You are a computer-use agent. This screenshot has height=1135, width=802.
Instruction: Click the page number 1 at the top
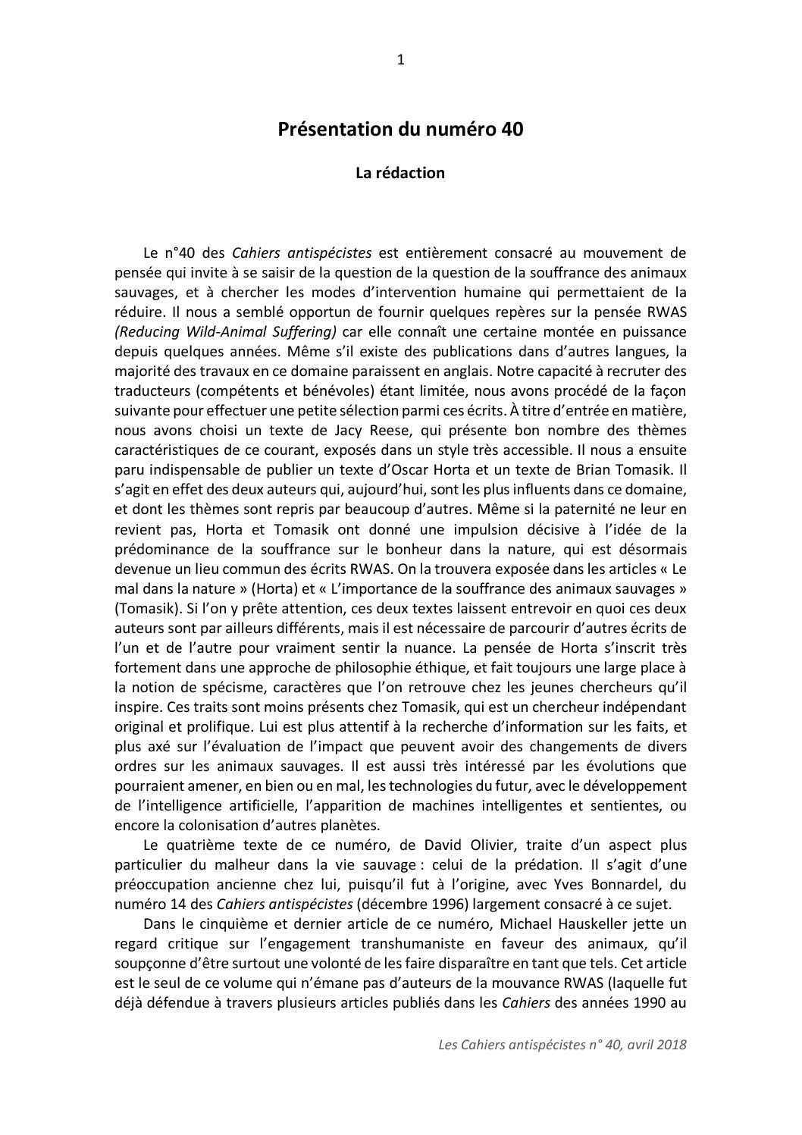point(401,61)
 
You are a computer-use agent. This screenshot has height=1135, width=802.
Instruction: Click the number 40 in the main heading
point(511,130)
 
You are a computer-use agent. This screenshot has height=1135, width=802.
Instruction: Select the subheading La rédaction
point(400,173)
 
